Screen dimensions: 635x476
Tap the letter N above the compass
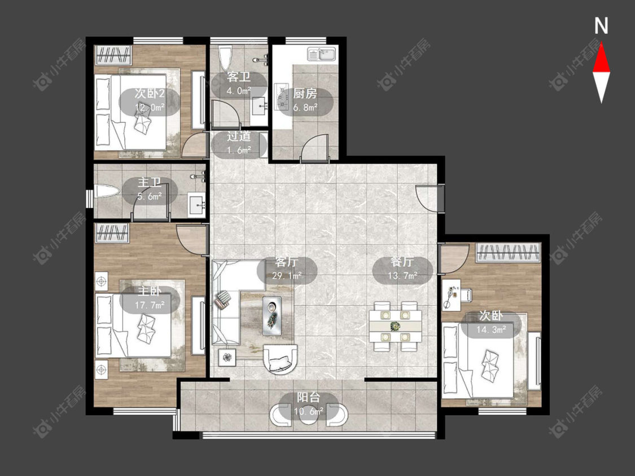pyautogui.click(x=601, y=26)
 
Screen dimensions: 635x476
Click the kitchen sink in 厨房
pyautogui.click(x=322, y=54)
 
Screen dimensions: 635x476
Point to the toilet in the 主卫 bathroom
pyautogui.click(x=107, y=191)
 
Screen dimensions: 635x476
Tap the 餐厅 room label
pyautogui.click(x=402, y=262)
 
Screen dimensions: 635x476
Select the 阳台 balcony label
pyautogui.click(x=308, y=397)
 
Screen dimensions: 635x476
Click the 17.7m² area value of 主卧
pyautogui.click(x=150, y=305)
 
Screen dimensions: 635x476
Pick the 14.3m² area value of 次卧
pyautogui.click(x=491, y=329)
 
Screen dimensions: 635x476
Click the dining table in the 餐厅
pyautogui.click(x=395, y=325)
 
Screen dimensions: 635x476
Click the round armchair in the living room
pyautogui.click(x=280, y=359)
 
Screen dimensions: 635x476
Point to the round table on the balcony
pyautogui.click(x=308, y=415)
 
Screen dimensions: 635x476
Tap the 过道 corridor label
pyautogui.click(x=239, y=136)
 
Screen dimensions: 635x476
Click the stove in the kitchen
pyautogui.click(x=281, y=97)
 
